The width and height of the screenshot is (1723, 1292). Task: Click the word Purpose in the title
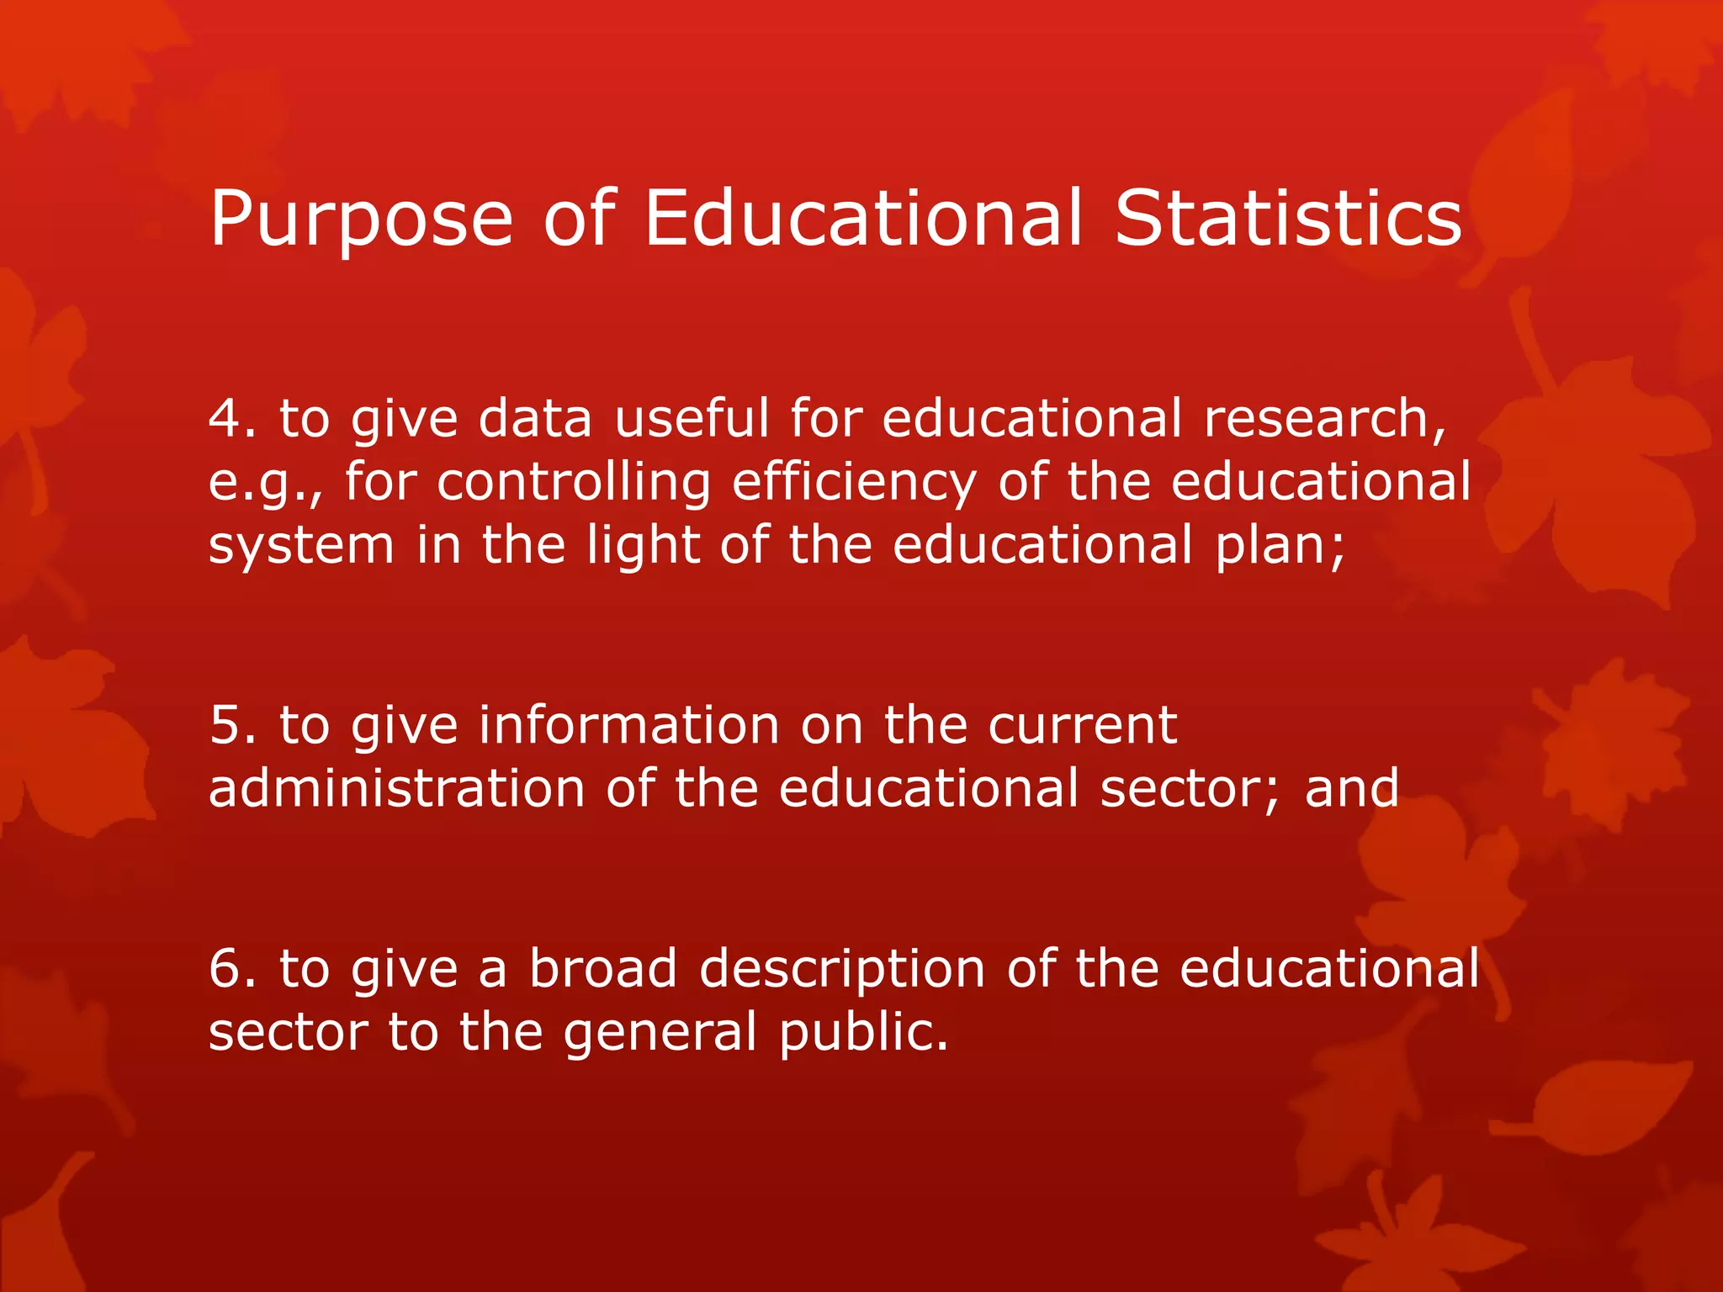(361, 219)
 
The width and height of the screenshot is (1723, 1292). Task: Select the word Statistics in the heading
(1288, 219)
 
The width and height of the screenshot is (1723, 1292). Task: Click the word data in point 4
(535, 418)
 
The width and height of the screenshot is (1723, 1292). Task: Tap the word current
(1082, 725)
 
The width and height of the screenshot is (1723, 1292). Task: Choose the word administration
(396, 789)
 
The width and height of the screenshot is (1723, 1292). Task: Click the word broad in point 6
(603, 968)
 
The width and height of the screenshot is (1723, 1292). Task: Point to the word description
(842, 970)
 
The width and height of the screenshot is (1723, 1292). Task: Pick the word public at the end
(862, 1033)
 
